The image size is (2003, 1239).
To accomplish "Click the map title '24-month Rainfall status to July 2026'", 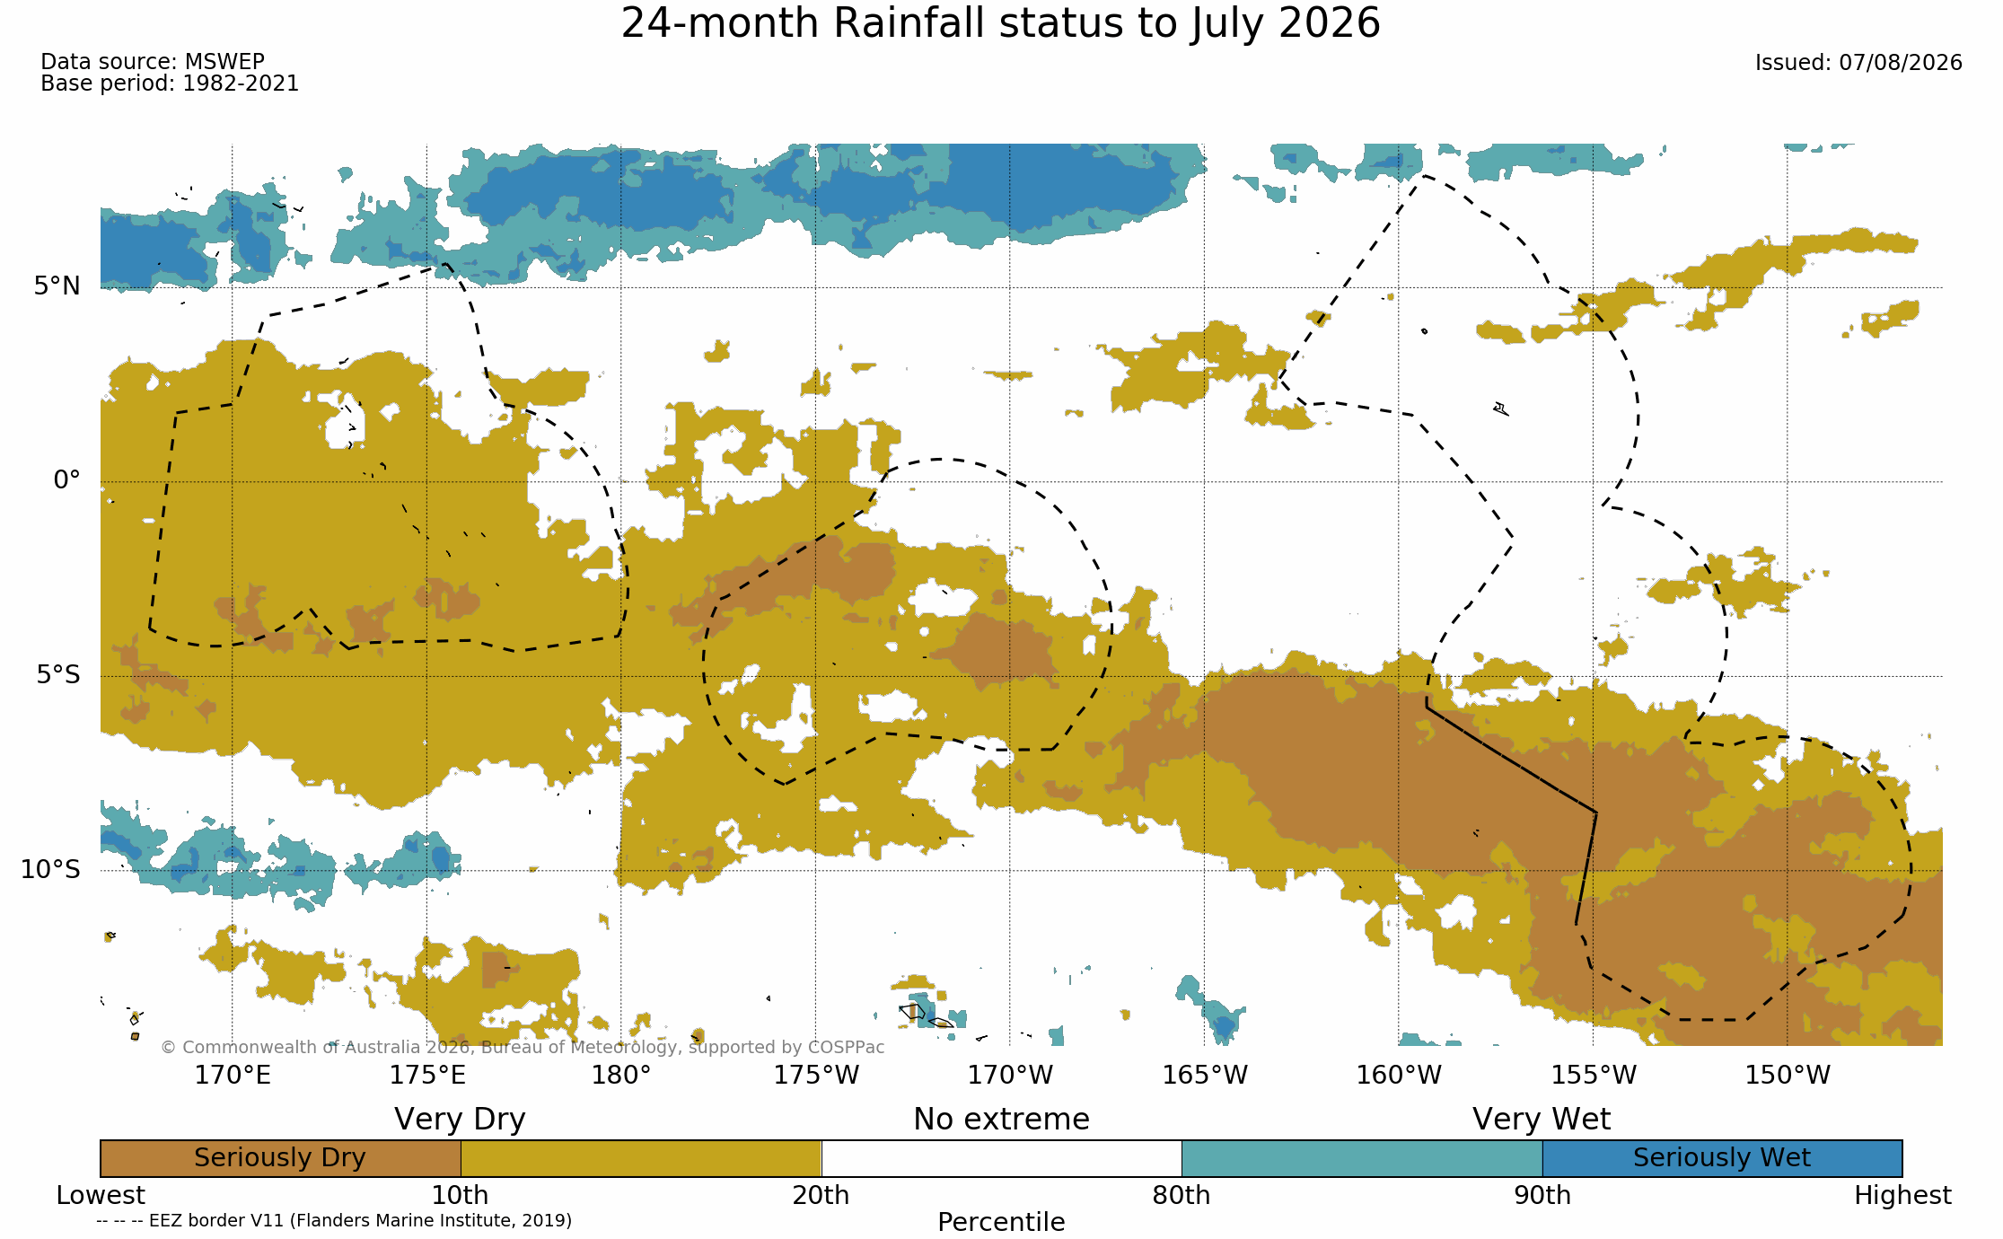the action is pyautogui.click(x=1000, y=24).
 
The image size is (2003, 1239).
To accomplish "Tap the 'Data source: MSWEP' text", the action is pyautogui.click(x=153, y=62).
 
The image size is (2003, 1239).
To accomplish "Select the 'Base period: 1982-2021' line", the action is pyautogui.click(x=170, y=83).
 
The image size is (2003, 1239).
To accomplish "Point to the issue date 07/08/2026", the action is pyautogui.click(x=1900, y=63).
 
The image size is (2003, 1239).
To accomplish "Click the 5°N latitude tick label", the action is pyautogui.click(x=57, y=286).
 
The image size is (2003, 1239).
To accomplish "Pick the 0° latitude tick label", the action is pyautogui.click(x=66, y=480).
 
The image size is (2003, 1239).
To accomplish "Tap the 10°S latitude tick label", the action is pyautogui.click(x=50, y=869).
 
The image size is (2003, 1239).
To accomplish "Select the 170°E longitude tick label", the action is pyautogui.click(x=233, y=1075).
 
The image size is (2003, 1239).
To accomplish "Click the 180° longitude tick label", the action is pyautogui.click(x=620, y=1075).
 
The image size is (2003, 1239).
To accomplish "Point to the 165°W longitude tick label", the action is pyautogui.click(x=1205, y=1075).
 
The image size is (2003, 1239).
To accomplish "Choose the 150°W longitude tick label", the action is pyautogui.click(x=1787, y=1075).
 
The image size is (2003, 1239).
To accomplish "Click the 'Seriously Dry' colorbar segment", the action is pyautogui.click(x=280, y=1158).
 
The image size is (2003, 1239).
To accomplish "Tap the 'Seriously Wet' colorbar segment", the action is pyautogui.click(x=1722, y=1158).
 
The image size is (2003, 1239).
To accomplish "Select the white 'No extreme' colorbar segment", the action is pyautogui.click(x=1001, y=1158).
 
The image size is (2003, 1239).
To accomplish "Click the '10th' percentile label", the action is pyautogui.click(x=460, y=1196).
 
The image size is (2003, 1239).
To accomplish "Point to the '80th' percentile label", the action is pyautogui.click(x=1182, y=1196).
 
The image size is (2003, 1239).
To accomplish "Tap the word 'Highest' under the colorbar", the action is pyautogui.click(x=1902, y=1196).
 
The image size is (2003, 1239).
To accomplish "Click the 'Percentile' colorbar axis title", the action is pyautogui.click(x=1001, y=1222).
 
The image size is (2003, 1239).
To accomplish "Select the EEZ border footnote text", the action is pyautogui.click(x=334, y=1221).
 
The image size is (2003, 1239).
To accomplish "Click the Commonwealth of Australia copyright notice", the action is pyautogui.click(x=523, y=1048).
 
